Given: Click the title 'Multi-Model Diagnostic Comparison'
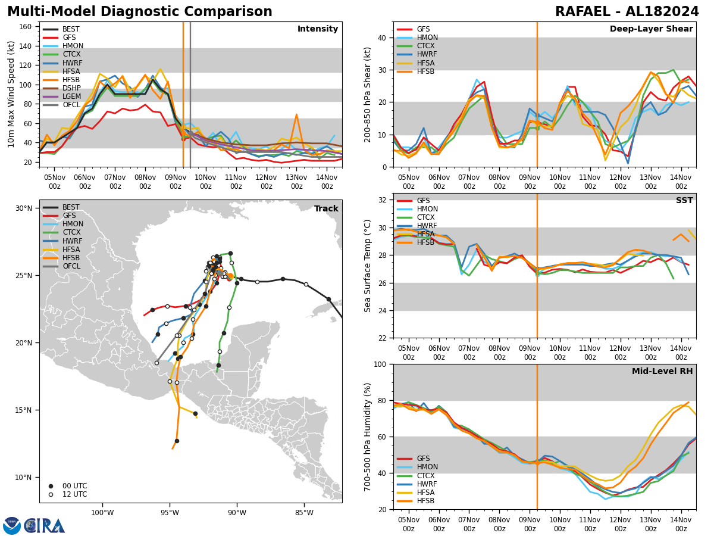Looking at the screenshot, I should [140, 12].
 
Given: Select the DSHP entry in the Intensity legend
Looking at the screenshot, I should [71, 88].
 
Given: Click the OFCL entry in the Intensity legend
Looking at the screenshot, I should [71, 105].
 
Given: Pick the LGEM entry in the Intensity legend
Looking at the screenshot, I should [71, 96].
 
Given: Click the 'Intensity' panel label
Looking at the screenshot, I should [318, 29].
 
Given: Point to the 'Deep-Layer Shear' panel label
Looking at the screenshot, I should [651, 29].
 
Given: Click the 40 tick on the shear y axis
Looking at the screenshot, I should [382, 38].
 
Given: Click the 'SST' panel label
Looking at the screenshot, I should [684, 201].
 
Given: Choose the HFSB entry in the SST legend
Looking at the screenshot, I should [426, 242].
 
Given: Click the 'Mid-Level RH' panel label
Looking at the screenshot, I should [662, 372].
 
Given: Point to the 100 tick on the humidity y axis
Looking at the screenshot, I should [380, 364].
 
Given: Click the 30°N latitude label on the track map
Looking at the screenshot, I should [24, 208].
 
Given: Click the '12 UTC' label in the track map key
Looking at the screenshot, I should [75, 494].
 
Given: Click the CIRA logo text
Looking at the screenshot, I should [44, 526].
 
